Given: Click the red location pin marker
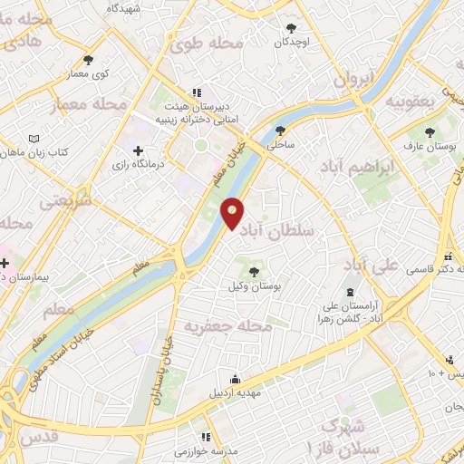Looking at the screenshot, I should pos(233,214).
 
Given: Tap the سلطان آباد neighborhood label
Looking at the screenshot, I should pos(281,231).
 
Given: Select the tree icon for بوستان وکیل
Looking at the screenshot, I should pos(254,270).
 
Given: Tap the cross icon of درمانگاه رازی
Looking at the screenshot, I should pos(138,150).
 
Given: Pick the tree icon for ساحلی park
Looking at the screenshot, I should pos(281,130).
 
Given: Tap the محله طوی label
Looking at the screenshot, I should pos(210,41).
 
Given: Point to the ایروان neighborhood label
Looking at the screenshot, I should pos(354,80).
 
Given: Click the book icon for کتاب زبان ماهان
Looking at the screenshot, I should pos(34,139).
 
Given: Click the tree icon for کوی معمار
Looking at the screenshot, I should pos(87,59).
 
